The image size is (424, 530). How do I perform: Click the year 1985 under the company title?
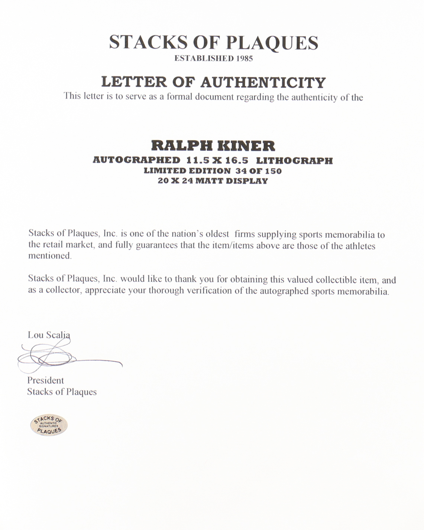[244, 58]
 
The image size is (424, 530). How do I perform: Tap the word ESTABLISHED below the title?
[204, 58]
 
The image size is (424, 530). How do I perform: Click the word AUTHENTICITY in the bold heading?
[263, 82]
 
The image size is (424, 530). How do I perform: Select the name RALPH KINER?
[213, 145]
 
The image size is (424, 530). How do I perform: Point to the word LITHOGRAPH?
[294, 161]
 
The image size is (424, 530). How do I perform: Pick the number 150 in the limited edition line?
[273, 171]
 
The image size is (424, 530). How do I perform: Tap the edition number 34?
[241, 171]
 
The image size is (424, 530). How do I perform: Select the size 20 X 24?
[175, 181]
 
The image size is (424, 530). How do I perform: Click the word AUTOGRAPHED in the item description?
[136, 160]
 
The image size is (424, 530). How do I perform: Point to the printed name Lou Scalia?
[49, 335]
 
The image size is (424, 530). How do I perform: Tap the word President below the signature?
[45, 380]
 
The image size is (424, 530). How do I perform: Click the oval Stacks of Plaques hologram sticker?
[49, 425]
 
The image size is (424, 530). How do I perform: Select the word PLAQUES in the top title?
[272, 43]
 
